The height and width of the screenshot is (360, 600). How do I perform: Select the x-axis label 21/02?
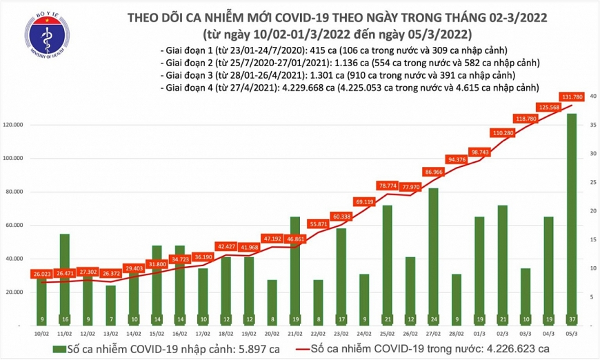[295, 334]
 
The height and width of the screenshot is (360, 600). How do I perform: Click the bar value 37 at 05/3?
[572, 319]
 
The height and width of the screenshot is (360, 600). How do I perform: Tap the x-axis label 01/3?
[479, 334]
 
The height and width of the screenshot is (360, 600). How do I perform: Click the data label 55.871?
[318, 224]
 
